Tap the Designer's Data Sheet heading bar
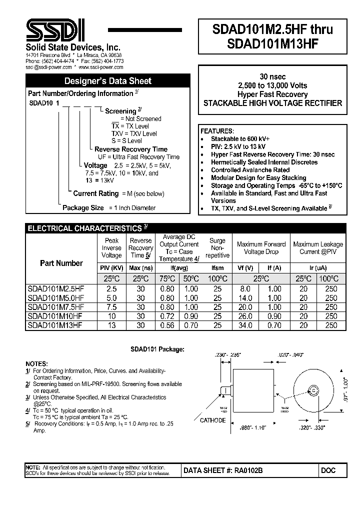[x=108, y=81]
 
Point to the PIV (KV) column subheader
[x=111, y=268]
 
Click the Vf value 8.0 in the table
[x=245, y=288]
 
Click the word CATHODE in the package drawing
[x=212, y=420]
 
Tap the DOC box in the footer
[x=329, y=470]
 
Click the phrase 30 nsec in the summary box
[x=272, y=76]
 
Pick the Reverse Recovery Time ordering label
[x=131, y=149]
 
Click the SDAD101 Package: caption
[x=161, y=349]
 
